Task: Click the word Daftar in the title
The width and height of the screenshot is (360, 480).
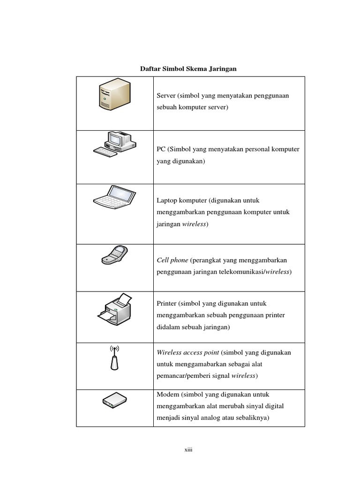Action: click(x=150, y=69)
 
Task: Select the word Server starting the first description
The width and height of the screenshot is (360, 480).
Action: click(x=166, y=96)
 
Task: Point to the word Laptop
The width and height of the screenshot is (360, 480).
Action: click(x=168, y=201)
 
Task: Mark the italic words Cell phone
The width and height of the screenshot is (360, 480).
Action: click(x=172, y=260)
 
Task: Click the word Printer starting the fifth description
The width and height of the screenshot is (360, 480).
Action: click(x=166, y=304)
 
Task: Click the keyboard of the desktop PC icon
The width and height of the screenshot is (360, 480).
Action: click(x=106, y=151)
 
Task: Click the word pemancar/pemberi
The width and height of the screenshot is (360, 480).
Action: click(x=185, y=376)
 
